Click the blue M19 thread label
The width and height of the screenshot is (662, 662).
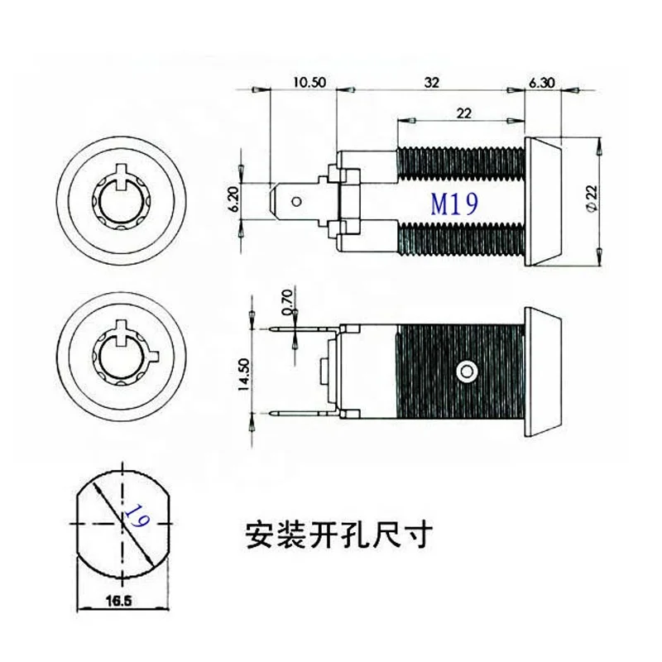(x=453, y=203)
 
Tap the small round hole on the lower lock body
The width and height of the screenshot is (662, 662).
(x=469, y=369)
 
